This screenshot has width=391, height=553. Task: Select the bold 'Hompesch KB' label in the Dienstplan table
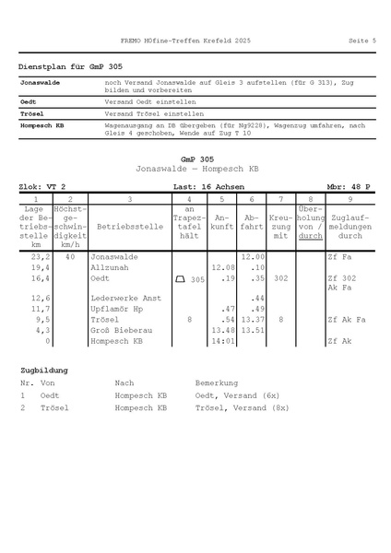tap(41, 124)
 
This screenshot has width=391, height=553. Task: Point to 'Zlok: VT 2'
tap(42, 186)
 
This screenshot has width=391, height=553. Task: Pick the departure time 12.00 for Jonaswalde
tap(252, 257)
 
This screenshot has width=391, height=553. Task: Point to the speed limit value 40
tap(70, 257)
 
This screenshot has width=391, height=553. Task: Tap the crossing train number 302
tap(281, 277)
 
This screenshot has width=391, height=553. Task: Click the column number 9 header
tap(350, 198)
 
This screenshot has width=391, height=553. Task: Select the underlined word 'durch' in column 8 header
tap(311, 236)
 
